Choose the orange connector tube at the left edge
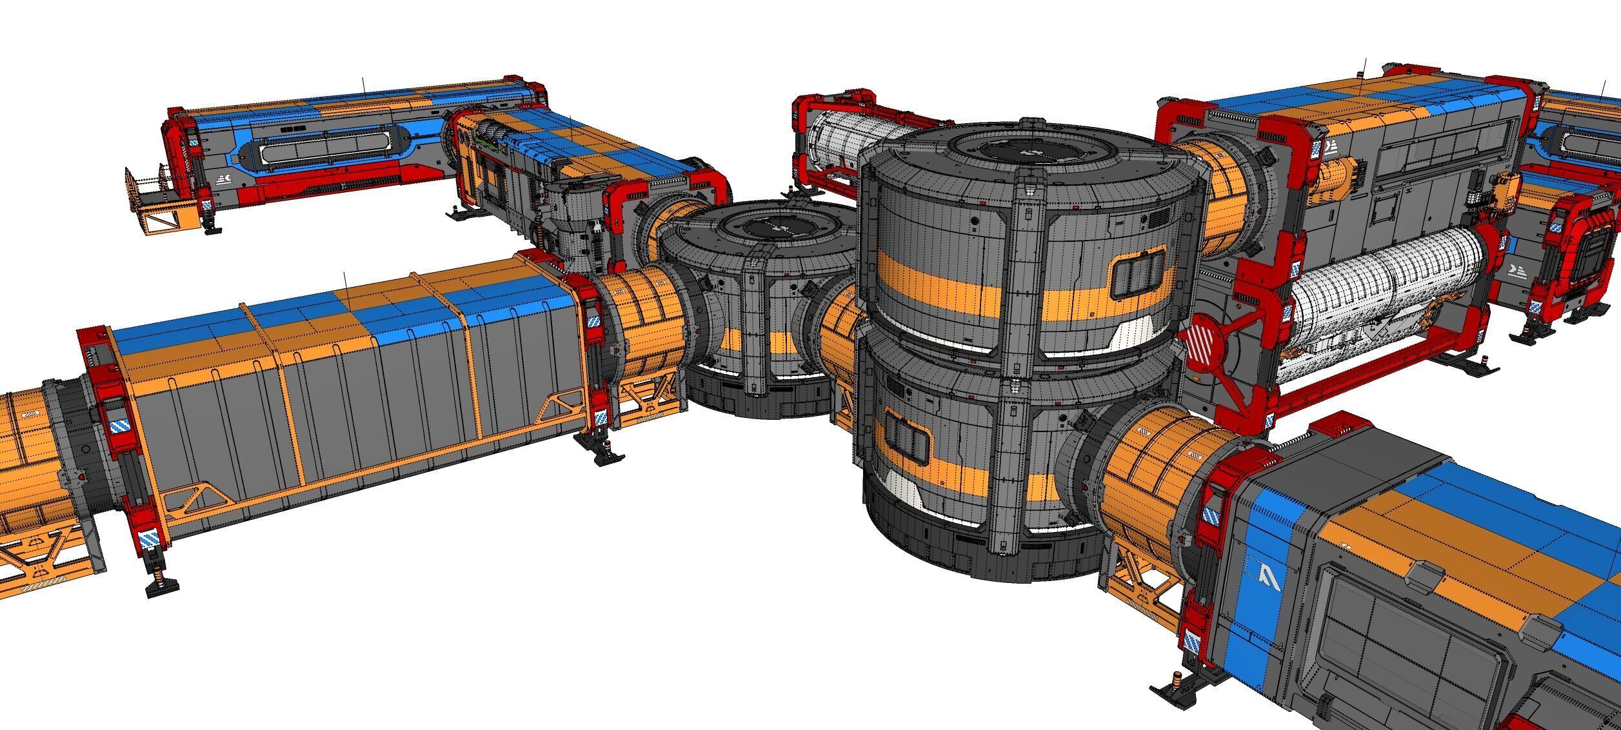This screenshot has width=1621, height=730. click(x=26, y=451)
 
